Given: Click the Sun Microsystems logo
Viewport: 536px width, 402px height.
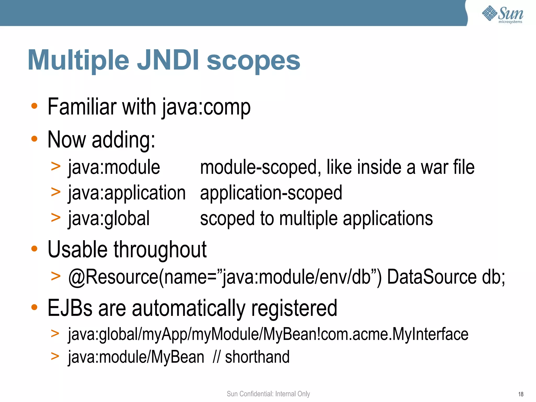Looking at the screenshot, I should tap(502, 15).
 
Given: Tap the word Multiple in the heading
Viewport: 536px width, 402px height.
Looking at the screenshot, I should tap(79, 61).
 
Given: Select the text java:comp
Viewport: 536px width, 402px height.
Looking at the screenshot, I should tap(206, 107).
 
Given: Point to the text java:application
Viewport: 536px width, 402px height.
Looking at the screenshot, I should tap(127, 193).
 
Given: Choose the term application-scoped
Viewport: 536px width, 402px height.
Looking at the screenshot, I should tap(271, 193).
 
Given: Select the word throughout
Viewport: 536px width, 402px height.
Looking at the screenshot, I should tap(160, 250).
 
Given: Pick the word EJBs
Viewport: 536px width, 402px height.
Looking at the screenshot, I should tap(70, 308).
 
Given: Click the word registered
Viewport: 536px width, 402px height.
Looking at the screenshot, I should tap(294, 308).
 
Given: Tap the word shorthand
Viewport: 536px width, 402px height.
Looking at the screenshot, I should tap(257, 357).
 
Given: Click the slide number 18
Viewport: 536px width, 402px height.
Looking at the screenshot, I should tap(521, 394).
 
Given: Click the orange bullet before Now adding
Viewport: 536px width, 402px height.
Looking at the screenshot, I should tap(34, 139).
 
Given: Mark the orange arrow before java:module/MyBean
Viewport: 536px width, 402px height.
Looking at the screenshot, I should tap(55, 356).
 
